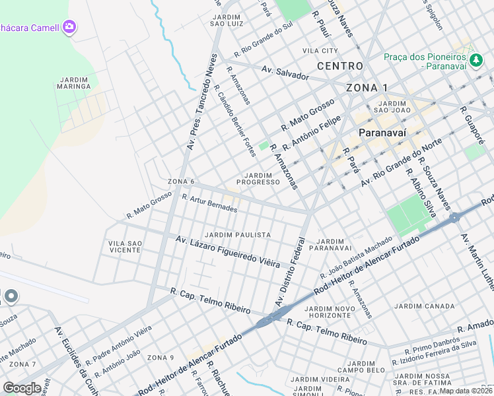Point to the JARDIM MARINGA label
tap(73, 82)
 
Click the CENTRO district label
tap(339, 66)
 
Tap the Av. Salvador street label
tap(285, 73)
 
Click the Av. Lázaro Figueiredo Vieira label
tap(228, 252)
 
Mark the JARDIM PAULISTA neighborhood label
tap(238, 235)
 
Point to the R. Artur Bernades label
tap(209, 203)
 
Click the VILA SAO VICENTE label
tap(125, 247)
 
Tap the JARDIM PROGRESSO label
tap(254, 178)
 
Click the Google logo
tap(22, 388)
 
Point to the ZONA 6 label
tap(181, 181)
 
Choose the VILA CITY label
tap(320, 51)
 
